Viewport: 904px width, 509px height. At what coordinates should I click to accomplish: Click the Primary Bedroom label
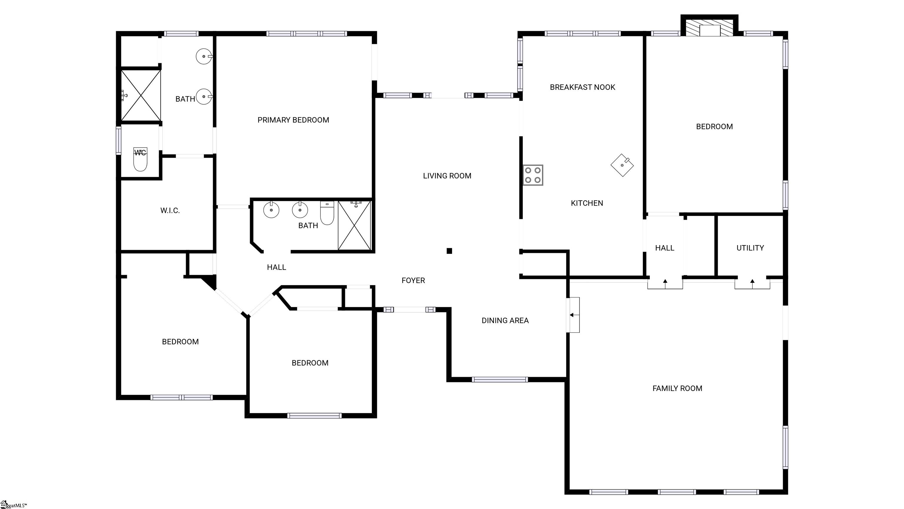coord(293,120)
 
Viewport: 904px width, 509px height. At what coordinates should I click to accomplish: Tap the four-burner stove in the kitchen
coord(533,175)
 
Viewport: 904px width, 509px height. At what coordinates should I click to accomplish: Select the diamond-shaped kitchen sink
coord(622,165)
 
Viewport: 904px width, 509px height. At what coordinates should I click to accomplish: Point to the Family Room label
coord(677,389)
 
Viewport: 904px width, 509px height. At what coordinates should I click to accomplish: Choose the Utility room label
coord(750,248)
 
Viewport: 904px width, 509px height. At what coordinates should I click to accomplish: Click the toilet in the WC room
coord(140,160)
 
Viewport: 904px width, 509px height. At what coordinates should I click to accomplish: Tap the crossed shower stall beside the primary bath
coord(141,95)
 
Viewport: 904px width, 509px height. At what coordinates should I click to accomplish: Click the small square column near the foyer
coord(449,251)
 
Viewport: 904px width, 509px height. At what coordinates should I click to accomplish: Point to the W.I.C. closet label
coord(170,210)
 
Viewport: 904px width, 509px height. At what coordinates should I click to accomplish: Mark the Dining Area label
coord(505,320)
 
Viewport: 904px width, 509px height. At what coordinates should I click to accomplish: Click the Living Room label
coord(447,176)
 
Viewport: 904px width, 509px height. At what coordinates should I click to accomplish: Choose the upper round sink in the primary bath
coord(204,56)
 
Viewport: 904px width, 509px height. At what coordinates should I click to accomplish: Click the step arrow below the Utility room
coord(752,281)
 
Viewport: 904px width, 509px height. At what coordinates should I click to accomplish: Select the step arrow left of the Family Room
coord(572,315)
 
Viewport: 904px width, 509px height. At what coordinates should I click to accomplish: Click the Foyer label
coord(413,280)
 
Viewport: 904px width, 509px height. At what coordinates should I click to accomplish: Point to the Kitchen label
coord(587,203)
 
